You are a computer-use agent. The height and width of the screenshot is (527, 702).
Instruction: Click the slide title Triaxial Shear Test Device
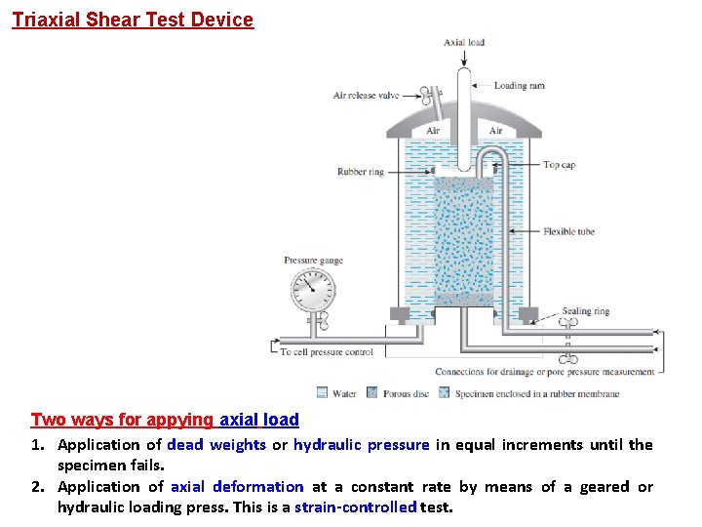[133, 20]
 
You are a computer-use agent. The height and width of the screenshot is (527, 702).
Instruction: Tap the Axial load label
[464, 42]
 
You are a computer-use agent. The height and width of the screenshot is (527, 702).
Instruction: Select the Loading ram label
[519, 86]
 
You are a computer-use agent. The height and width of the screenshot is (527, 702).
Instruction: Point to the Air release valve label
[367, 96]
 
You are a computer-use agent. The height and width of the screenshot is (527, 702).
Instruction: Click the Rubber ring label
[361, 172]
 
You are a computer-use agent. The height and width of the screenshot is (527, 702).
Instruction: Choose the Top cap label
[559, 165]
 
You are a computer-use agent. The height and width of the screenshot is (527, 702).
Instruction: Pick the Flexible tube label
[568, 231]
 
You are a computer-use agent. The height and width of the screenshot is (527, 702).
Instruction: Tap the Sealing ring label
[586, 311]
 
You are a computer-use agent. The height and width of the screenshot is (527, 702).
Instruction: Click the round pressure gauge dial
[312, 289]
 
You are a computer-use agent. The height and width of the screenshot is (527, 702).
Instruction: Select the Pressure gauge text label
[313, 261]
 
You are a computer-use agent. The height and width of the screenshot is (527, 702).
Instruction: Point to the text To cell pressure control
[327, 351]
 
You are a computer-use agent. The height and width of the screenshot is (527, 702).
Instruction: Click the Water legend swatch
[323, 393]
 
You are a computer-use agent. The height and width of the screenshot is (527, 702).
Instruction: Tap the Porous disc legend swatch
[371, 393]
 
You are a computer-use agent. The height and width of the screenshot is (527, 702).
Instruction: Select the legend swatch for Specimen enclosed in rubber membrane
[445, 393]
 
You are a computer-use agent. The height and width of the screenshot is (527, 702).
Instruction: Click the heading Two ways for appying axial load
[165, 420]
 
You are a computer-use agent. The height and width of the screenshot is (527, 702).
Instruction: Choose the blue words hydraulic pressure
[361, 445]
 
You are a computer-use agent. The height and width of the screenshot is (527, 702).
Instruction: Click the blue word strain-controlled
[355, 507]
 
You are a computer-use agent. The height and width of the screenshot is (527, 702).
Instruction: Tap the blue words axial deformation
[237, 486]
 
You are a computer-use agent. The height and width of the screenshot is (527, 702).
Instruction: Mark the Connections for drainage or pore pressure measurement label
[544, 372]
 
